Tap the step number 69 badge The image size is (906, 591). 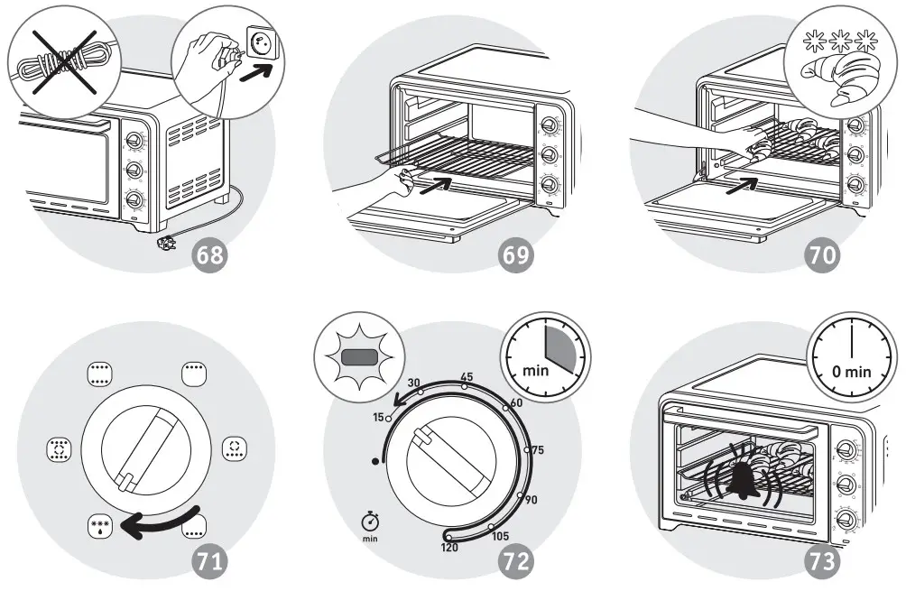(x=517, y=255)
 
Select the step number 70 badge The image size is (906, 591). (x=821, y=255)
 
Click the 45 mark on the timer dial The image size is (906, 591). (x=467, y=376)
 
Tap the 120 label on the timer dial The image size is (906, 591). (x=448, y=548)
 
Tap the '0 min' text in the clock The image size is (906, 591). (x=852, y=371)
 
